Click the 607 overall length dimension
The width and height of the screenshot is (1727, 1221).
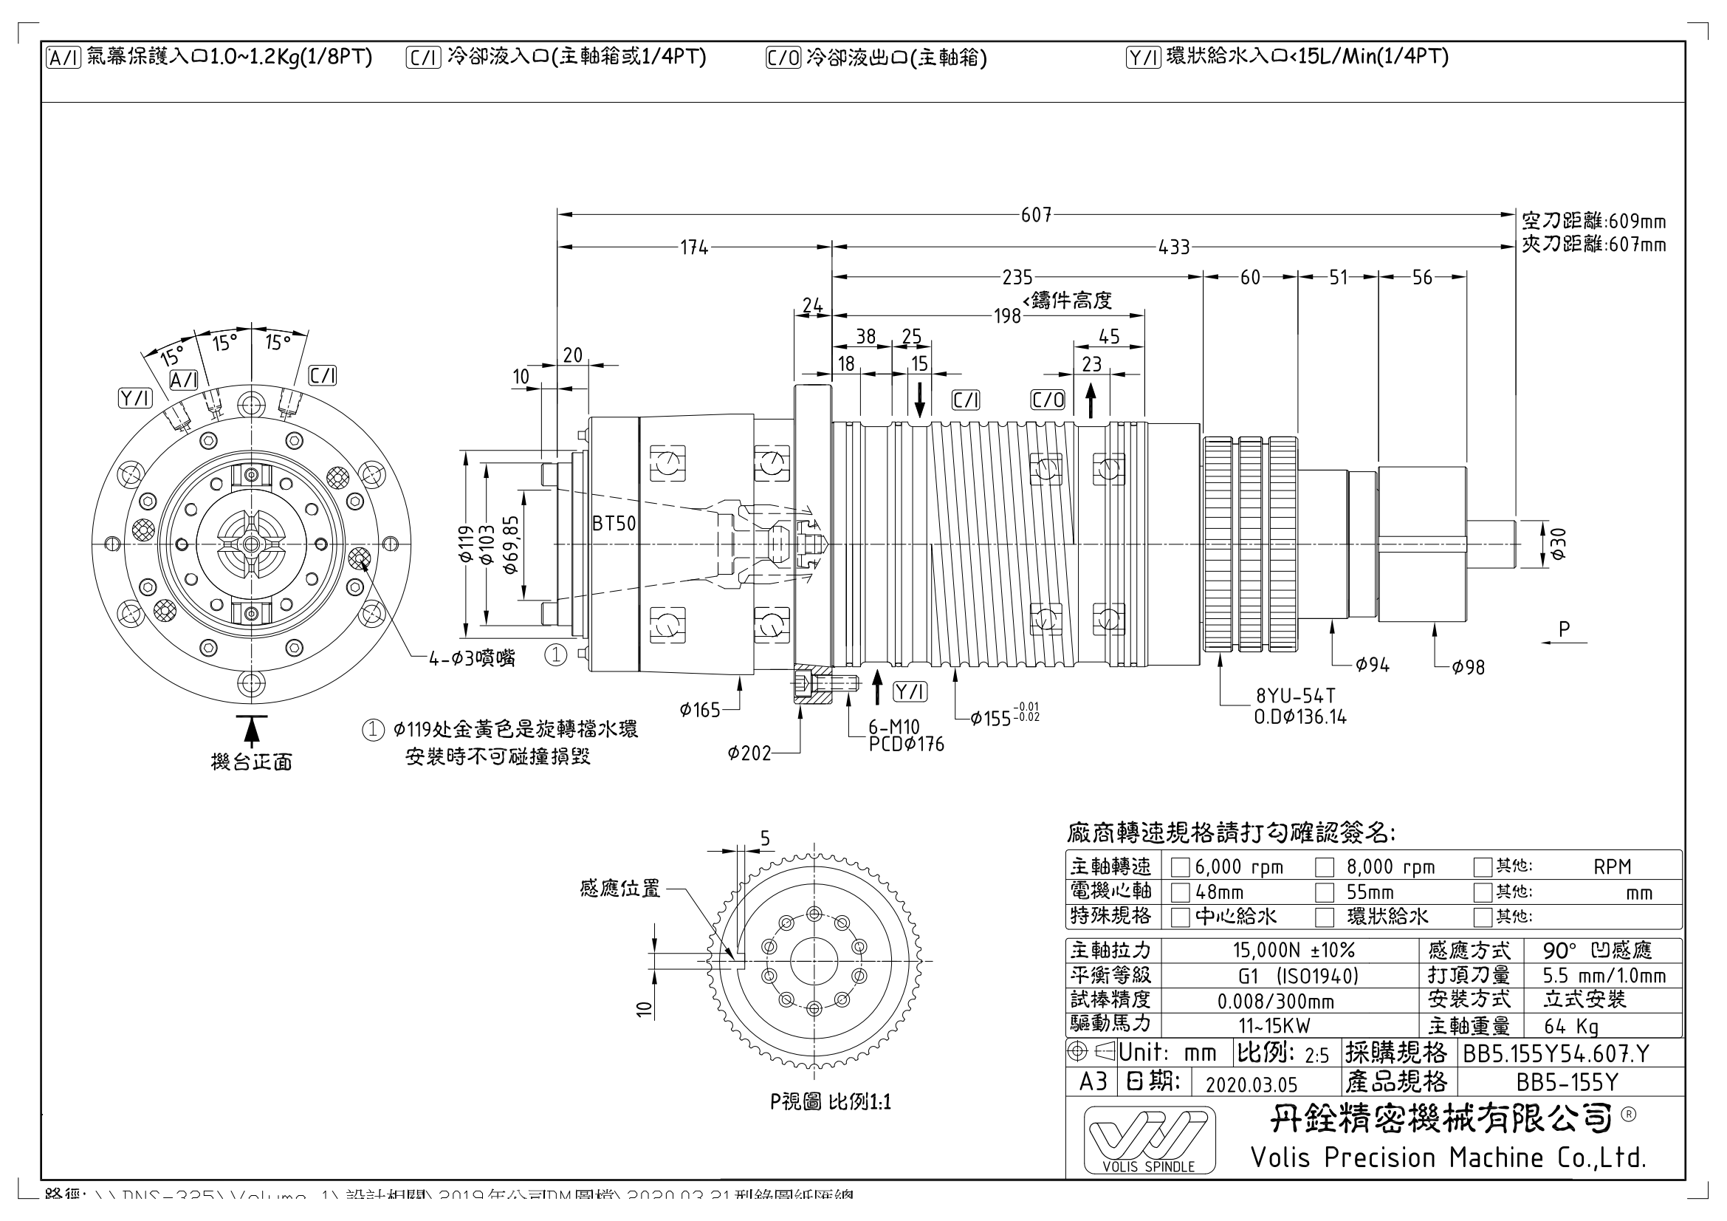pyautogui.click(x=1036, y=215)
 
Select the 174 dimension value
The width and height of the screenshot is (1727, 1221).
pyautogui.click(x=693, y=247)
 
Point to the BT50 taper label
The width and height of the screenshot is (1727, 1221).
pyautogui.click(x=614, y=524)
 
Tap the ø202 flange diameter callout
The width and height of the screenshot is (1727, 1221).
pyautogui.click(x=749, y=753)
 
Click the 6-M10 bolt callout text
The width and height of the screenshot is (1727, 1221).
pyautogui.click(x=894, y=727)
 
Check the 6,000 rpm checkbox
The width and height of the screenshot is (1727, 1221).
pyautogui.click(x=1180, y=867)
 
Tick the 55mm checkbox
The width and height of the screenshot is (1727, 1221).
pyautogui.click(x=1324, y=893)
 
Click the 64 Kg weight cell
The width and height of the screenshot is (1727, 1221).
pyautogui.click(x=1571, y=1026)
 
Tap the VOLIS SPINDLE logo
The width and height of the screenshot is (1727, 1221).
pyautogui.click(x=1149, y=1140)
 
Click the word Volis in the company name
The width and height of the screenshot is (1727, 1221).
pyautogui.click(x=1283, y=1157)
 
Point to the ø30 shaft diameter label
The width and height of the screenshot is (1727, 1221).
pyautogui.click(x=1558, y=544)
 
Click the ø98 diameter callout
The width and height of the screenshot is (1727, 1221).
pyautogui.click(x=1469, y=667)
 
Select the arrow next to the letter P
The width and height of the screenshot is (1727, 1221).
pyautogui.click(x=1564, y=643)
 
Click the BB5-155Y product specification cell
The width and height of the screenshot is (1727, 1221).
pyautogui.click(x=1566, y=1083)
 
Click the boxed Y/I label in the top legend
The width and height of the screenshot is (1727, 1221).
pyautogui.click(x=1143, y=58)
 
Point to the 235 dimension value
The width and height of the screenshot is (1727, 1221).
pyautogui.click(x=1017, y=278)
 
